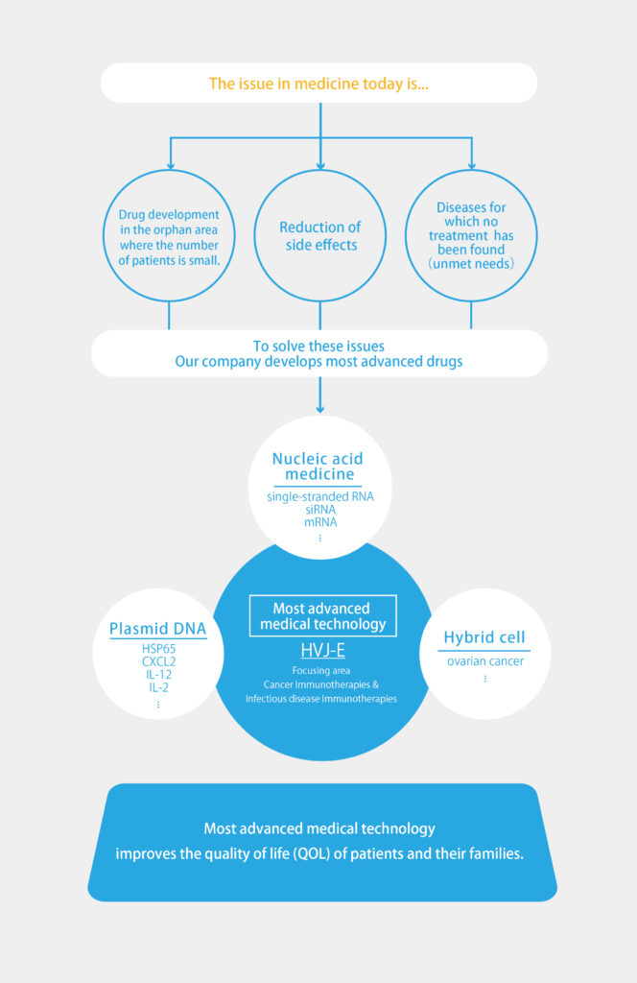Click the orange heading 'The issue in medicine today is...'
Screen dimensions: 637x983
coord(318,84)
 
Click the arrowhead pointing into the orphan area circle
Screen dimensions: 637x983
coord(171,165)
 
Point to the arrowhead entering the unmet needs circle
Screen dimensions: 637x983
coord(472,165)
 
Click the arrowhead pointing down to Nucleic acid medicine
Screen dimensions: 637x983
coord(320,409)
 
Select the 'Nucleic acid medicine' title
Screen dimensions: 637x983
coord(318,466)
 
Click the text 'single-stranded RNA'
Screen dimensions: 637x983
coord(320,496)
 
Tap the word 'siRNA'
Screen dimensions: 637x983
coord(320,510)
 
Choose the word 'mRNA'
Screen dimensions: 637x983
coord(320,522)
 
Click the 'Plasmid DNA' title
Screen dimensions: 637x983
coord(158,629)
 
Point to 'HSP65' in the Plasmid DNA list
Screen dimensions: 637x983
coord(158,649)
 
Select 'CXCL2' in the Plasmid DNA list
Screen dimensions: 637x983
coord(158,661)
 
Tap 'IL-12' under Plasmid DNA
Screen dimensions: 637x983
coord(158,675)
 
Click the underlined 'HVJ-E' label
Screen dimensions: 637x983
coord(322,650)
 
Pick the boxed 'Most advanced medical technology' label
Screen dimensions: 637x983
coord(323,615)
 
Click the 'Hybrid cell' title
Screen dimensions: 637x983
coord(484,637)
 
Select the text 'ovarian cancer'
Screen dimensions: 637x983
coord(485,661)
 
